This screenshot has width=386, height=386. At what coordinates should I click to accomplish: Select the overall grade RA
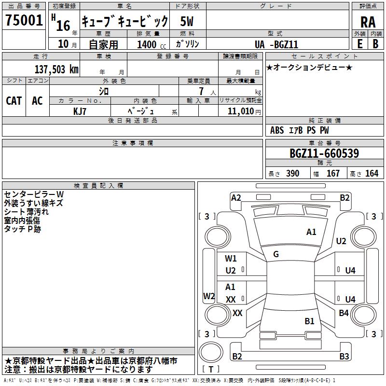(368, 22)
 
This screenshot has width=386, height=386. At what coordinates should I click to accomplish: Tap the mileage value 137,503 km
(56, 69)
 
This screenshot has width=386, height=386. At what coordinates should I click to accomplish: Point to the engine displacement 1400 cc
(149, 45)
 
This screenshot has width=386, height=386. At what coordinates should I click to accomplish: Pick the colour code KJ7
(80, 111)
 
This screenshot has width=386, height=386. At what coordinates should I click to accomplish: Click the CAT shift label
(14, 101)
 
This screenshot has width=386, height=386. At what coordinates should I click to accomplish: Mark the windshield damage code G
(276, 254)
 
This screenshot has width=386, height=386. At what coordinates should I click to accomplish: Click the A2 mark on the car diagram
(236, 197)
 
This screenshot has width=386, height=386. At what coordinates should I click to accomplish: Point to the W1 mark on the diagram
(231, 259)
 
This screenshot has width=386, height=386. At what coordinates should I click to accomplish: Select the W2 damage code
(209, 296)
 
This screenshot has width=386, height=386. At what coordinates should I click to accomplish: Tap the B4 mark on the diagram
(344, 313)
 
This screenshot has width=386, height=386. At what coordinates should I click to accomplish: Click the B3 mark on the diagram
(344, 357)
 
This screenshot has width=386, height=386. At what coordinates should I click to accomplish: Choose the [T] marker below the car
(211, 370)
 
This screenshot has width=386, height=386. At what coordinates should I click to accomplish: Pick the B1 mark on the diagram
(309, 321)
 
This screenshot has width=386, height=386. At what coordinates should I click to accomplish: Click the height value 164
(372, 174)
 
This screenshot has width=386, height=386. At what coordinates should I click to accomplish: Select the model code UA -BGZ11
(276, 45)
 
